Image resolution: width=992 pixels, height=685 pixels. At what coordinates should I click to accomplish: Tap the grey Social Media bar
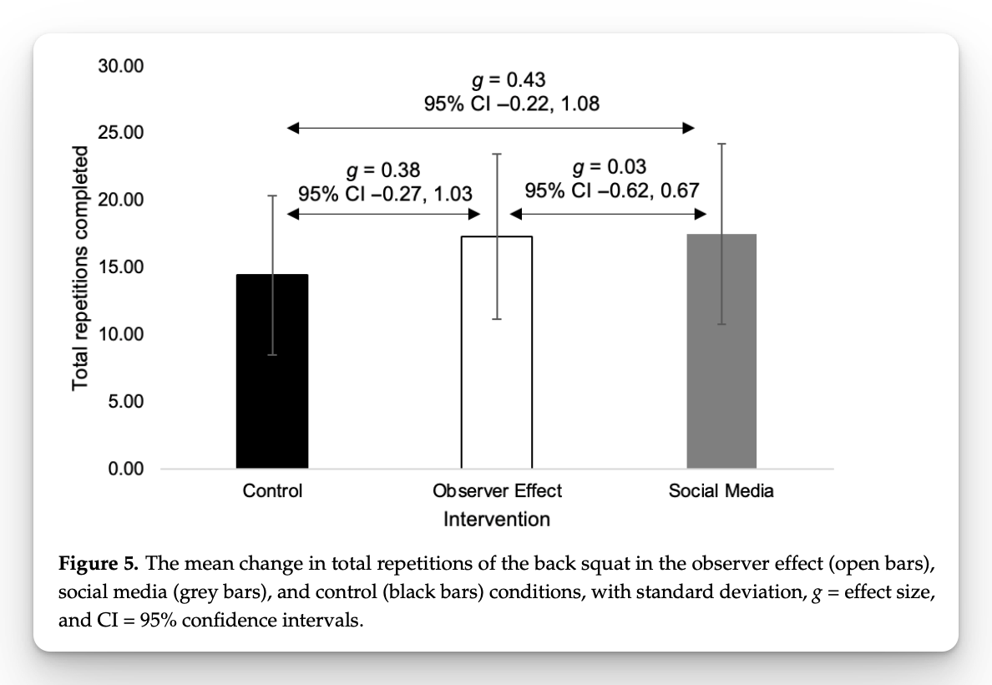[721, 351]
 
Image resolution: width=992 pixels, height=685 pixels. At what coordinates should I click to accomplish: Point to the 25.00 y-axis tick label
[121, 133]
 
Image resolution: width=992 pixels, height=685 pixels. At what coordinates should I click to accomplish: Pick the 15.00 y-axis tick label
[121, 267]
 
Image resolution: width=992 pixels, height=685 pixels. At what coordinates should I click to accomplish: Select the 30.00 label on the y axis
[121, 66]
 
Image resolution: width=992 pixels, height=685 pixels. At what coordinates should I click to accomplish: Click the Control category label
[272, 491]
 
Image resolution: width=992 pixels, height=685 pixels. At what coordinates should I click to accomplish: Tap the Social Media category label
[721, 491]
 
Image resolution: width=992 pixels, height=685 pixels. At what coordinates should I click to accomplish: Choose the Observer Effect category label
[497, 491]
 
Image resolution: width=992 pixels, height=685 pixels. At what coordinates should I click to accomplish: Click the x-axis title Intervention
[497, 520]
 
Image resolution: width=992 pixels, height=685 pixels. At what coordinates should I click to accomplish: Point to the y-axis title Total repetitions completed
[80, 267]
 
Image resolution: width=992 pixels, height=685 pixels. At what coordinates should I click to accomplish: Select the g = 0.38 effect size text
[383, 171]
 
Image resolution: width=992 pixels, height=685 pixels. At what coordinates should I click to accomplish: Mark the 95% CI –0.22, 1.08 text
[511, 104]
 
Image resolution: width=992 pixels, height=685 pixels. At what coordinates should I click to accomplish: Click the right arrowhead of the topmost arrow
[689, 128]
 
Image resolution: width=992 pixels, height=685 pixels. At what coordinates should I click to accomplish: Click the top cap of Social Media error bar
[721, 144]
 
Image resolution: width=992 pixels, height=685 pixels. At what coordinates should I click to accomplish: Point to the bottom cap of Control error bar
[272, 355]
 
